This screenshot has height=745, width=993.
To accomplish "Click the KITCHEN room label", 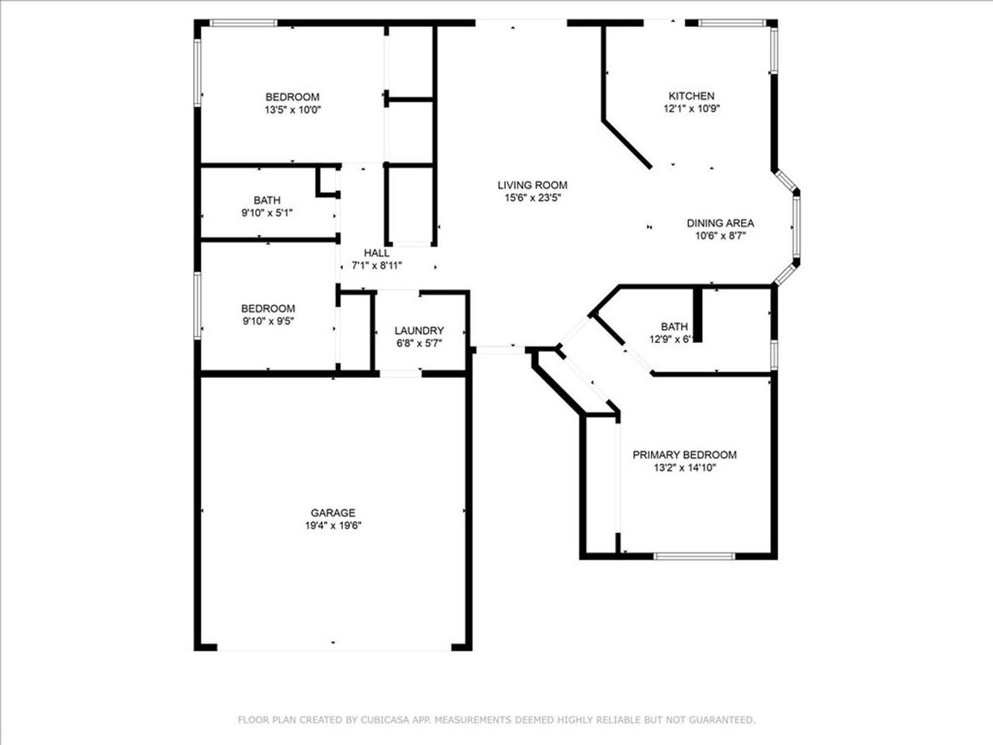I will (x=691, y=96).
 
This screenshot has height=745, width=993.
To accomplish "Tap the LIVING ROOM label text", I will (x=532, y=185).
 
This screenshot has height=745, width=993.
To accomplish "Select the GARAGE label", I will (x=333, y=513).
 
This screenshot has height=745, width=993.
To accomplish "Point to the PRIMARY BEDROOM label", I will (x=684, y=455).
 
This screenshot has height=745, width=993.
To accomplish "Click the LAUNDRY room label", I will (x=419, y=331).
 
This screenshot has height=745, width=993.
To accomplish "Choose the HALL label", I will (x=377, y=253).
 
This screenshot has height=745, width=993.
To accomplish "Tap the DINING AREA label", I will (x=720, y=223).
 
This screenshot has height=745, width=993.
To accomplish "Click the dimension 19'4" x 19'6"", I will (x=333, y=525).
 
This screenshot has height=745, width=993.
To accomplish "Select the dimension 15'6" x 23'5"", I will (x=532, y=198).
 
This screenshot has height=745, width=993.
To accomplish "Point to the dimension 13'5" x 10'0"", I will (x=292, y=109).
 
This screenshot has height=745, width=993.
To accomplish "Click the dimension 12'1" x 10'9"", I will (x=691, y=109).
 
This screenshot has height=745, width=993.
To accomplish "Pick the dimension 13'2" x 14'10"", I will (x=684, y=467).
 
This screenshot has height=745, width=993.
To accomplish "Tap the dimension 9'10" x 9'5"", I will (x=268, y=321).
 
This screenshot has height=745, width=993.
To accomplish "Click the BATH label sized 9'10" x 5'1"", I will (x=267, y=200).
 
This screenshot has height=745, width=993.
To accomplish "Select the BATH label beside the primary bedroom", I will (x=674, y=327).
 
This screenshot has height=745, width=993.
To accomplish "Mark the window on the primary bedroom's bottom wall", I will (x=694, y=556).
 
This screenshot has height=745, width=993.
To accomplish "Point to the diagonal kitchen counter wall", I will (x=627, y=144).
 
